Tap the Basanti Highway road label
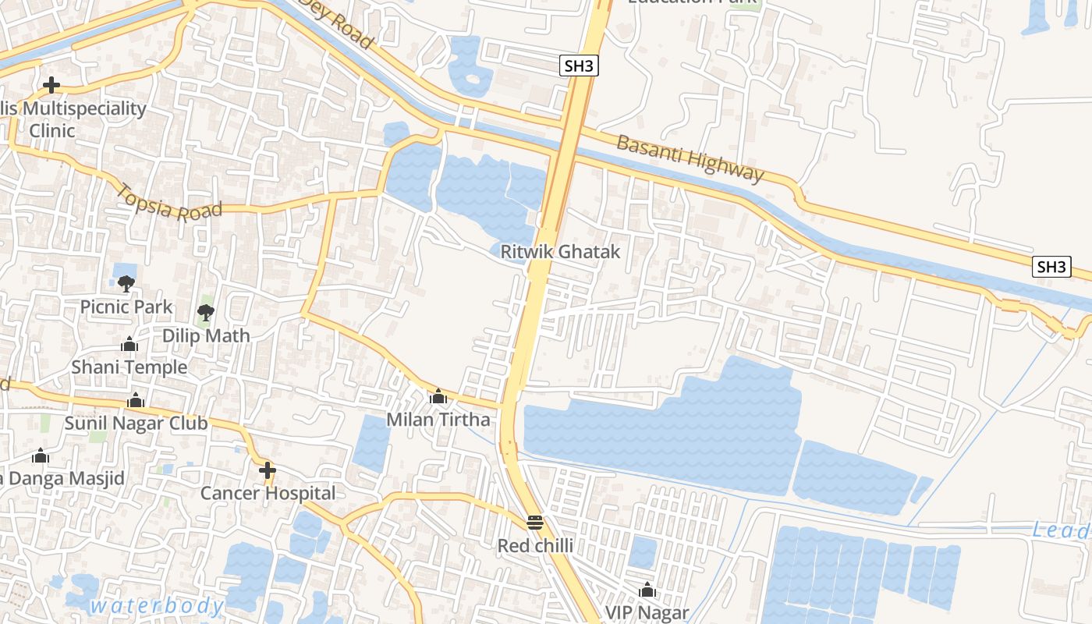coord(690,158)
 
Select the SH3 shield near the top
coord(579,66)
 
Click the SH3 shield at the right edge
coord(1051,267)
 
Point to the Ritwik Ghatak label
coord(560,251)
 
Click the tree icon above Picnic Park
coord(126,283)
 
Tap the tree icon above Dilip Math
coord(206,313)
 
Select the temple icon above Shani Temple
coord(129,344)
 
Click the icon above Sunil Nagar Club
coord(136,400)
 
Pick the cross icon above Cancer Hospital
coord(268,470)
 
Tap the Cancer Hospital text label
coord(268,493)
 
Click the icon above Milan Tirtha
coord(438,397)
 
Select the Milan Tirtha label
coord(438,420)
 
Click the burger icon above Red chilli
coord(534,522)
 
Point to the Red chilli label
coord(535,545)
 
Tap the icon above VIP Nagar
coord(647,590)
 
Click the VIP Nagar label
coord(647,612)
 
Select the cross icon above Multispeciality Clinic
coord(52,85)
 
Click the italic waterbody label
coord(157,605)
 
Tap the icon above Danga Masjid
coord(40,456)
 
